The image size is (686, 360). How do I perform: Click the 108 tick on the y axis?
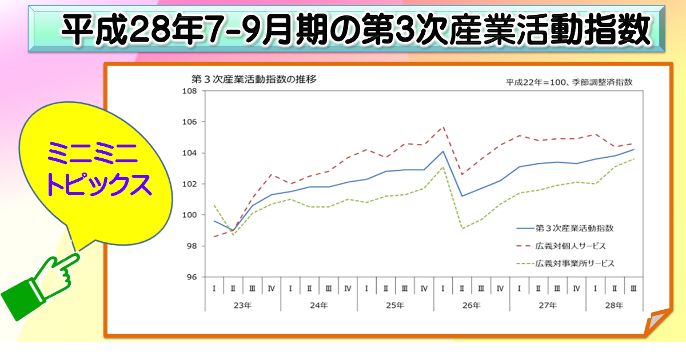click(189, 91)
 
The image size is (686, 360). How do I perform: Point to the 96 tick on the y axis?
click(190, 277)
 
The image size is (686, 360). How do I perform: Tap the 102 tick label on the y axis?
click(189, 184)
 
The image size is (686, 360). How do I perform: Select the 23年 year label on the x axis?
click(242, 306)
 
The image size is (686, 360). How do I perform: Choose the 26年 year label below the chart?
click(471, 306)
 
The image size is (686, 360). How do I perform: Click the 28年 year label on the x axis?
click(614, 306)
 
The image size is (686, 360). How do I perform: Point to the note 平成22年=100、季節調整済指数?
click(569, 82)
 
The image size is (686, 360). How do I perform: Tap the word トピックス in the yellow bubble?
click(98, 184)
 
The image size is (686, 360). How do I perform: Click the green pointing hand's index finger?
click(71, 260)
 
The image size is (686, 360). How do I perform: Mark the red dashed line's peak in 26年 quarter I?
click(443, 127)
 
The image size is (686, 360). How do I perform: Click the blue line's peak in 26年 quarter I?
click(443, 151)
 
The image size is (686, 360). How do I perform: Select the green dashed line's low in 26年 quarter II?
click(462, 228)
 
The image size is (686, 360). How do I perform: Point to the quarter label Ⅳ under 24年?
click(348, 289)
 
